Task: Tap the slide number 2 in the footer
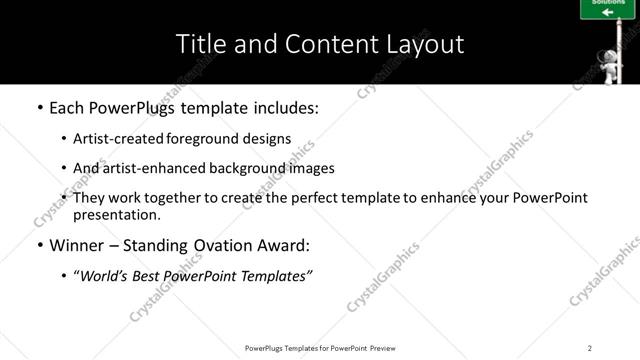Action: click(x=589, y=347)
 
